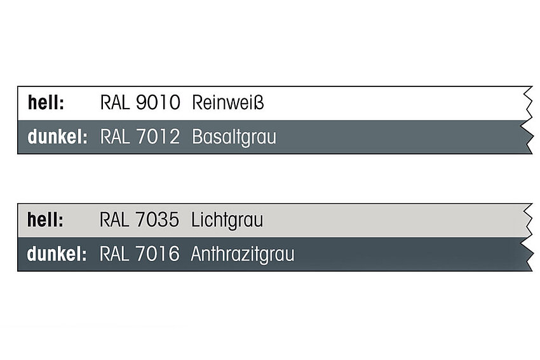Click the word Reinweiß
click(x=228, y=103)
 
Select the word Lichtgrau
click(x=227, y=220)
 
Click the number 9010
click(x=158, y=103)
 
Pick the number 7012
click(x=158, y=137)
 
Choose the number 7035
click(x=157, y=220)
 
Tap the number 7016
click(x=157, y=254)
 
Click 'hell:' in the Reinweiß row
click(x=46, y=103)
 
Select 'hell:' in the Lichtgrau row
click(x=46, y=220)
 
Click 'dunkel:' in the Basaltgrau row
click(x=58, y=137)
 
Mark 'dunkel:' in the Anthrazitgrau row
click(x=57, y=254)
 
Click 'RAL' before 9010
click(x=115, y=103)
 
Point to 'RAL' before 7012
click(x=115, y=137)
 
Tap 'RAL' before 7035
click(x=114, y=220)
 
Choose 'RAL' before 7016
click(x=114, y=254)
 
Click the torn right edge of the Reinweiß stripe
click(x=527, y=103)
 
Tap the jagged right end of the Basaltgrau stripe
click(x=527, y=137)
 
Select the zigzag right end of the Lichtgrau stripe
click(x=527, y=220)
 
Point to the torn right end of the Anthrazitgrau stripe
click(x=527, y=255)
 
